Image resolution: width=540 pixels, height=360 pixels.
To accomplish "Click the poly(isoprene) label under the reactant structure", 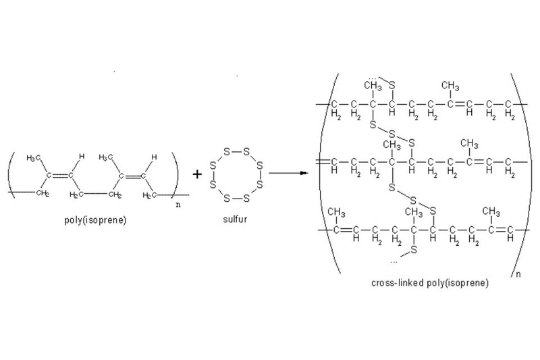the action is click(x=95, y=220).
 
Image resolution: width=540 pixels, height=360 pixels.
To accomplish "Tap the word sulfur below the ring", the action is click(x=235, y=220).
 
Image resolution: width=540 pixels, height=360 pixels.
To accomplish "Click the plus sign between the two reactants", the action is click(x=197, y=174).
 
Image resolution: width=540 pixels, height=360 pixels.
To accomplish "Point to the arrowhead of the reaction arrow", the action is click(x=304, y=173).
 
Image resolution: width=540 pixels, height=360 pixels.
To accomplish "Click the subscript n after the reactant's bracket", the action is click(x=178, y=205).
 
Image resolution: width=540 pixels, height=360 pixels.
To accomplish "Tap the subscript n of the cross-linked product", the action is click(x=518, y=274).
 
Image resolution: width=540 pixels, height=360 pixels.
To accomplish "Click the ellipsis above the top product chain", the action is click(x=373, y=78).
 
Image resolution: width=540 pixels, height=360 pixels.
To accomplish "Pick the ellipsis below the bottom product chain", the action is click(x=394, y=262).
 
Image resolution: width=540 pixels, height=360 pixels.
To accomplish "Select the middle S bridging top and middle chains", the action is click(x=392, y=133).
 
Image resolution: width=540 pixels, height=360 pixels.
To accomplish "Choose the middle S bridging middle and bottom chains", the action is click(x=413, y=201).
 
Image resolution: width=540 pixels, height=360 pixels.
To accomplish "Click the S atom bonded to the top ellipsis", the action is click(x=392, y=85).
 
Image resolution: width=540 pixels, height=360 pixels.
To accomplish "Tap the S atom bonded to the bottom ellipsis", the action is click(x=414, y=249).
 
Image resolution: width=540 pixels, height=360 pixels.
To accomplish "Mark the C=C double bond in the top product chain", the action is click(x=460, y=104).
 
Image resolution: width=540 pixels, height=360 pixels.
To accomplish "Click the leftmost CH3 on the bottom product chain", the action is click(x=336, y=212).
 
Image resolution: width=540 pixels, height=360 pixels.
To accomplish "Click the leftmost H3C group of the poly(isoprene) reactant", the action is click(x=34, y=158).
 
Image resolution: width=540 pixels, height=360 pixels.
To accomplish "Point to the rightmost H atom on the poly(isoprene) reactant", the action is click(x=154, y=157).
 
